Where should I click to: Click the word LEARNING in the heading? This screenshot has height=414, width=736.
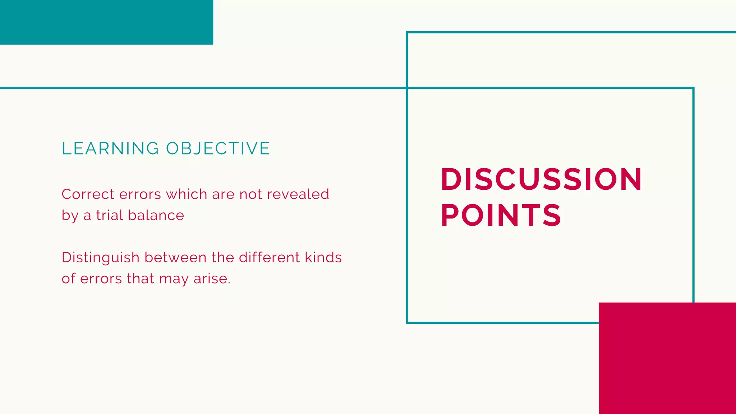(110, 148)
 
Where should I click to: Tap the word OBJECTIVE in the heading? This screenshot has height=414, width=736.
(218, 148)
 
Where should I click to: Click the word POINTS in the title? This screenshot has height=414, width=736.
(501, 215)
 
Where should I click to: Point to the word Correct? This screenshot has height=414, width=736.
(88, 194)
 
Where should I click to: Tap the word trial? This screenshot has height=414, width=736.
(110, 215)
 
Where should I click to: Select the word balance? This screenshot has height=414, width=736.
(156, 215)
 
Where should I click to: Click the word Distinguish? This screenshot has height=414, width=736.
(101, 258)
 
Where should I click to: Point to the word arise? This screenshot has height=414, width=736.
(212, 279)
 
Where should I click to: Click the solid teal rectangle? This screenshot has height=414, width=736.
(106, 22)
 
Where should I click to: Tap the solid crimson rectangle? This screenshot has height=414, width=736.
(667, 358)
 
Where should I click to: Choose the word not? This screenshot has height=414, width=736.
(250, 194)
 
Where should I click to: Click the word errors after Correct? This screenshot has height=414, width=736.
(140, 194)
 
